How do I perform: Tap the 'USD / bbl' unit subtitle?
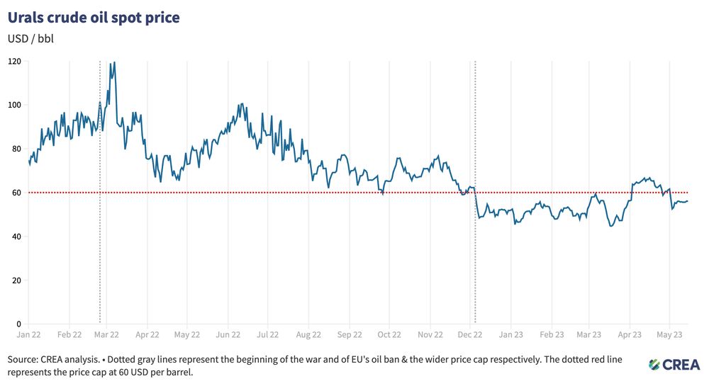30,38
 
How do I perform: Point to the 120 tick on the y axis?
14,62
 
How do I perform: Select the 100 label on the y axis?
14,105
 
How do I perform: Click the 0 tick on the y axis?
19,324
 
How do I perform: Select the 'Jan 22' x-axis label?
28,334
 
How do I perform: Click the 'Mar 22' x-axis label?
106,334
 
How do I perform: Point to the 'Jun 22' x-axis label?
228,334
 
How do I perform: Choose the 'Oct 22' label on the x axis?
389,334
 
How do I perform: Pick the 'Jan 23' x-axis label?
511,334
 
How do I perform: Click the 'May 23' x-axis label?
670,334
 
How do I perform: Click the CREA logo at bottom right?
674,364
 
